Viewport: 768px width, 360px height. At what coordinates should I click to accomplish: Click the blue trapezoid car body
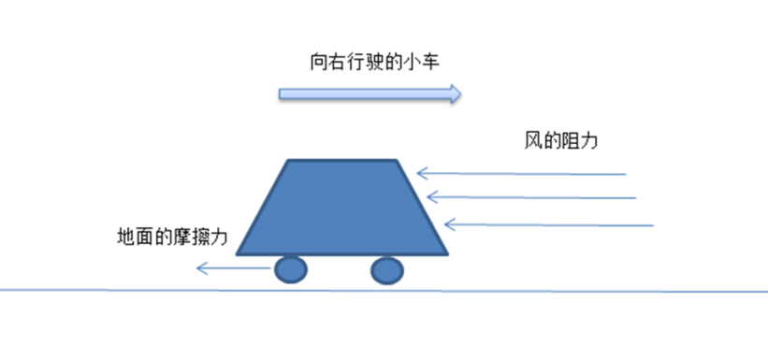coord(341,208)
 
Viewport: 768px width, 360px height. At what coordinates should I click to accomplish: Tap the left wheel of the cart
coord(291,269)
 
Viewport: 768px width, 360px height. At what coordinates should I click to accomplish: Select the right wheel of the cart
coord(387,270)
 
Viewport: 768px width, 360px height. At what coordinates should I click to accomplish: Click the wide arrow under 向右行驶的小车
coord(370,94)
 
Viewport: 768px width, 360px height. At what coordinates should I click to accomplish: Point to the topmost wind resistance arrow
coord(521,173)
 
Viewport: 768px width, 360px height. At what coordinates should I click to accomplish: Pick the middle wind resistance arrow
coord(531,197)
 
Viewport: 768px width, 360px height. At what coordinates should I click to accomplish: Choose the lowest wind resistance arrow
coord(548,225)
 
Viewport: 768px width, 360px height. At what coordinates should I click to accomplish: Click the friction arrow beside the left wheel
coord(233,268)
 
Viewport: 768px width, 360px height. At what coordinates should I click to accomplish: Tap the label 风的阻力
coord(561,141)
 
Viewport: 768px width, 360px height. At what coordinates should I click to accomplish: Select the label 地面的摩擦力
coord(172,238)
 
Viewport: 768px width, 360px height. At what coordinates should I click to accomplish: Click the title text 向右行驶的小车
coord(375,63)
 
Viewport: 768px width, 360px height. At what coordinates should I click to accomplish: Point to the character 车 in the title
coord(430,63)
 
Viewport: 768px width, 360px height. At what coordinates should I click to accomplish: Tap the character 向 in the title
coord(319,63)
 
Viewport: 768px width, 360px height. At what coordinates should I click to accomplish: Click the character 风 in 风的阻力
coord(533,141)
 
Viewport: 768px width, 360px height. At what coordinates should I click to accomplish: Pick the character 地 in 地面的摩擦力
coord(126,238)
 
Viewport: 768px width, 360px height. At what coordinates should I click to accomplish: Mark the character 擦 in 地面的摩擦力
coord(200,238)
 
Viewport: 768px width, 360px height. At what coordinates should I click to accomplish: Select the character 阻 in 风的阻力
coord(571,141)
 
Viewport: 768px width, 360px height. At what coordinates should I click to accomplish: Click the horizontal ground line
coord(384,291)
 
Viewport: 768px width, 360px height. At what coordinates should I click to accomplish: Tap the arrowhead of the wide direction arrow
coord(456,94)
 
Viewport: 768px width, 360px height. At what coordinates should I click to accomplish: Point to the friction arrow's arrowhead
coord(202,268)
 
